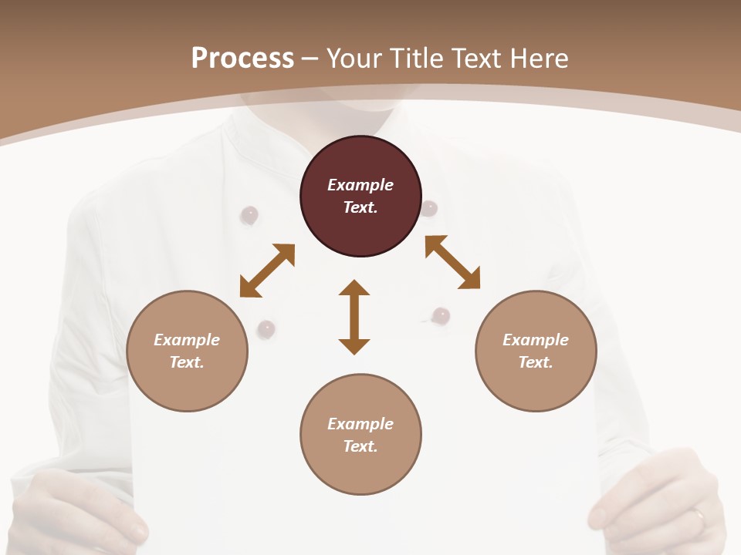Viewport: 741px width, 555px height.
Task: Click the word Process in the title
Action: tap(242, 59)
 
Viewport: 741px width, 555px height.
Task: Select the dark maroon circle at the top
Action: tap(360, 197)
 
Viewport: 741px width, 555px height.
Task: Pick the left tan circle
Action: tap(187, 351)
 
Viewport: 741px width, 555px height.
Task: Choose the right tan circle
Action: tap(536, 351)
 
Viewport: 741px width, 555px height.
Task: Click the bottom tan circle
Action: tap(360, 434)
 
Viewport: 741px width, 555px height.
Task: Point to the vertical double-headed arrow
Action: tap(354, 317)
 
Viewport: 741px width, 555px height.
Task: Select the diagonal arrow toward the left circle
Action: tap(267, 271)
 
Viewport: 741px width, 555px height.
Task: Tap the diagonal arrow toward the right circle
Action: tap(452, 262)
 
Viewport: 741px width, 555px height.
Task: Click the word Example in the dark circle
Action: tap(360, 185)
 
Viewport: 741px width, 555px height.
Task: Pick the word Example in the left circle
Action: tap(187, 340)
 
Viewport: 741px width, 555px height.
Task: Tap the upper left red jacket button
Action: tap(249, 215)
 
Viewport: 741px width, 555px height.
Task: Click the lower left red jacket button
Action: tap(266, 329)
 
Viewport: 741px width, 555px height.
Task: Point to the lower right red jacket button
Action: tap(441, 315)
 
